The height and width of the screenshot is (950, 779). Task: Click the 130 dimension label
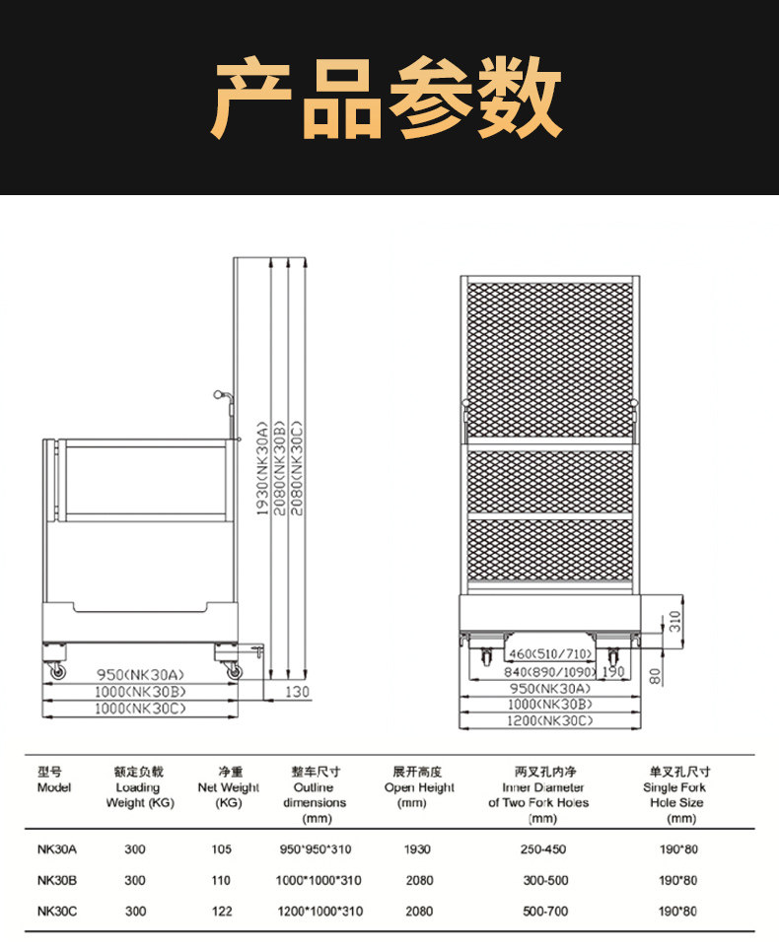(x=298, y=691)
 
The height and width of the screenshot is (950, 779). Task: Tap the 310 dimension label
(x=674, y=621)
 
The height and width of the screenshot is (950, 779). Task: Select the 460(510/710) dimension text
(x=550, y=654)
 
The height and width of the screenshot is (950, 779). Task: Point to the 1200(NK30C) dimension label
(x=550, y=721)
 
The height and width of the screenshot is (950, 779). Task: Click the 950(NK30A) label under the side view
(x=140, y=674)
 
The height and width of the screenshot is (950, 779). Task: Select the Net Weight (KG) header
(x=229, y=787)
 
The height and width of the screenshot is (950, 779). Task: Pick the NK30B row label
(x=57, y=880)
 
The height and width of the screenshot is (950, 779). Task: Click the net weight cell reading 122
(x=221, y=912)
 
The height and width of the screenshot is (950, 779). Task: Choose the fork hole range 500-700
(x=544, y=912)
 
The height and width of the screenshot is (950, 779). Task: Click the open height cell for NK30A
(x=419, y=848)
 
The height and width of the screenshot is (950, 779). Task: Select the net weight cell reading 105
(x=221, y=848)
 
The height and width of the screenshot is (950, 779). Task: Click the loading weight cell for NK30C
(x=136, y=912)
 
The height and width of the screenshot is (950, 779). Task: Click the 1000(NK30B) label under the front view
(x=550, y=705)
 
